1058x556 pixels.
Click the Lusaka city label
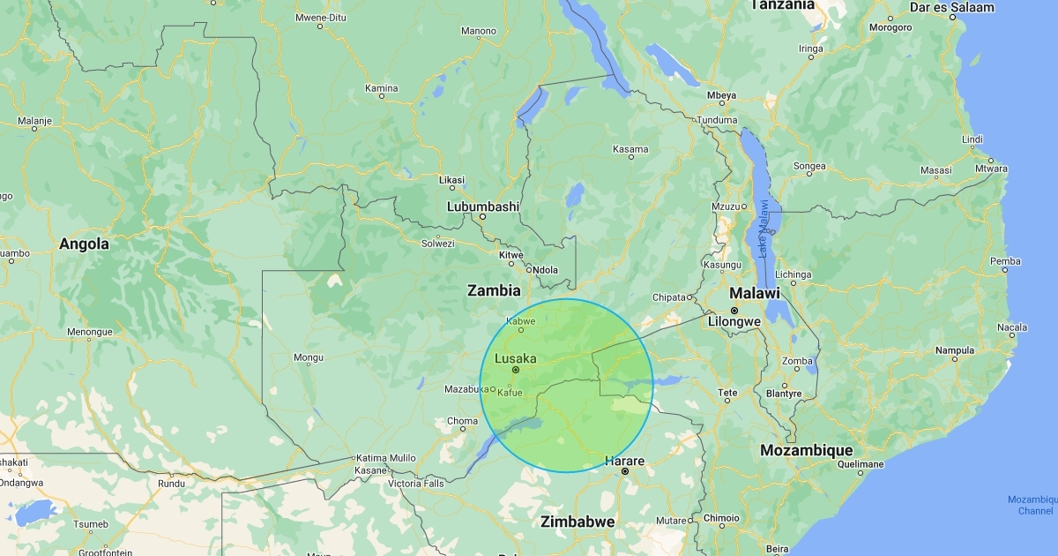pyautogui.click(x=515, y=358)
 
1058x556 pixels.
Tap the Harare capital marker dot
pyautogui.click(x=624, y=472)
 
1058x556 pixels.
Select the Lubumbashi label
pyautogui.click(x=483, y=206)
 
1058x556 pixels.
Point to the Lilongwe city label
pyautogui.click(x=734, y=322)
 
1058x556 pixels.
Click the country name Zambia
pyautogui.click(x=494, y=290)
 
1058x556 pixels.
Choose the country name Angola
pyautogui.click(x=85, y=244)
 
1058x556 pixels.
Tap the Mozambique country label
pyautogui.click(x=808, y=450)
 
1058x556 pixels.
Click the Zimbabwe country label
pyautogui.click(x=577, y=522)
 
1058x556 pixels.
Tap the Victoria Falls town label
pyautogui.click(x=416, y=484)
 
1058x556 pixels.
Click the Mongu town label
pyautogui.click(x=308, y=357)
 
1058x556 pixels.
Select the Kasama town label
pyautogui.click(x=630, y=149)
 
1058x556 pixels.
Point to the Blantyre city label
pyautogui.click(x=785, y=394)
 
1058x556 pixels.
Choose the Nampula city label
pyautogui.click(x=954, y=350)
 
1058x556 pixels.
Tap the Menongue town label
pyautogui.click(x=91, y=332)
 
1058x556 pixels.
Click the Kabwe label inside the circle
pyautogui.click(x=520, y=321)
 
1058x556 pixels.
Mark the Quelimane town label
pyautogui.click(x=860, y=464)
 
